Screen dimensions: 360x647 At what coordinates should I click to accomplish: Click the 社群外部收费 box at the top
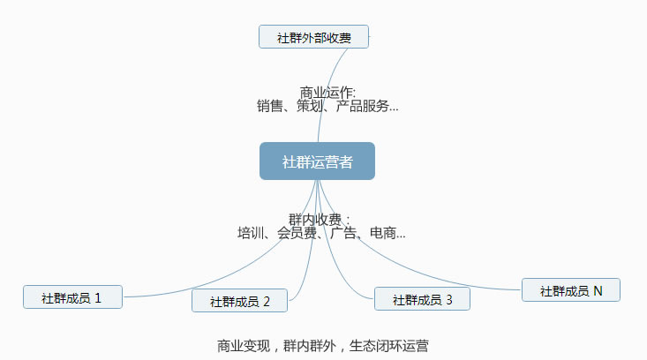(x=313, y=37)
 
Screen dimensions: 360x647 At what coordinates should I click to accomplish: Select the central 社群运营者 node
(x=317, y=161)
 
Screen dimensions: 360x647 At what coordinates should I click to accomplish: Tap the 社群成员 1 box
(x=72, y=297)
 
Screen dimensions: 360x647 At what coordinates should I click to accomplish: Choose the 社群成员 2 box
(x=240, y=301)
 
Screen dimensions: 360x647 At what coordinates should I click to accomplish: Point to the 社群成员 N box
(x=570, y=290)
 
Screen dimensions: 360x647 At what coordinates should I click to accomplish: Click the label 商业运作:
(x=327, y=92)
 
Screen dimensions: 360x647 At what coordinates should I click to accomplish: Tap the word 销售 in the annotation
(x=270, y=107)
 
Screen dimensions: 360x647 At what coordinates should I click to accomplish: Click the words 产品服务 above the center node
(x=362, y=107)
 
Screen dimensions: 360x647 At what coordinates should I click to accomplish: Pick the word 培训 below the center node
(x=251, y=234)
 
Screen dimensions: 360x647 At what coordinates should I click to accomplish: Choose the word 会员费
(x=297, y=234)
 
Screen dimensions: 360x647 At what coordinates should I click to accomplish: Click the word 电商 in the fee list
(x=382, y=234)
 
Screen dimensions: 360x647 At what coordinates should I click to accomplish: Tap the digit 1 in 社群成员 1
(x=97, y=297)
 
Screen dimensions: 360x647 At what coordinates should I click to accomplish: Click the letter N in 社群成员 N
(x=598, y=290)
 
